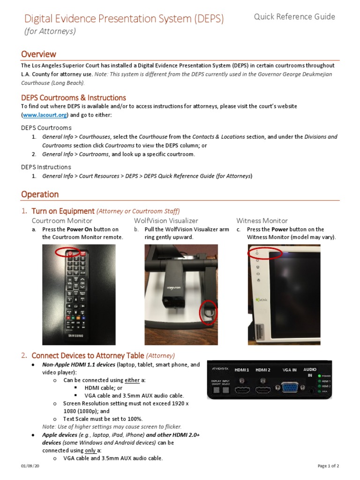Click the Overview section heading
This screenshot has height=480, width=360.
(38, 54)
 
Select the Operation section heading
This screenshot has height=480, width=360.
(40, 194)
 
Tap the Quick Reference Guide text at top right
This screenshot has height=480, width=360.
(294, 17)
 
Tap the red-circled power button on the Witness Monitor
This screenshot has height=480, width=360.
(257, 253)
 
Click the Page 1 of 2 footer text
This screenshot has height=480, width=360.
(328, 465)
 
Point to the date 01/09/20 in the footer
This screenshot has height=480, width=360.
(29, 465)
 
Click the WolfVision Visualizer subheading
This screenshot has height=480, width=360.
(166, 220)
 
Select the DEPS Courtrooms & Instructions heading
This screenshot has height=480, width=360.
(73, 97)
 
